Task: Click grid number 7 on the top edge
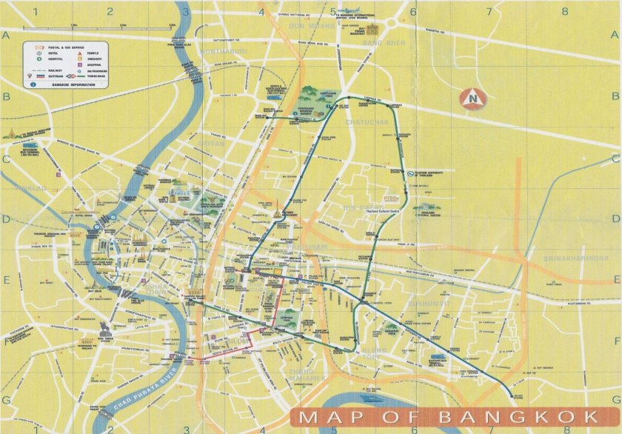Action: (488, 11)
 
